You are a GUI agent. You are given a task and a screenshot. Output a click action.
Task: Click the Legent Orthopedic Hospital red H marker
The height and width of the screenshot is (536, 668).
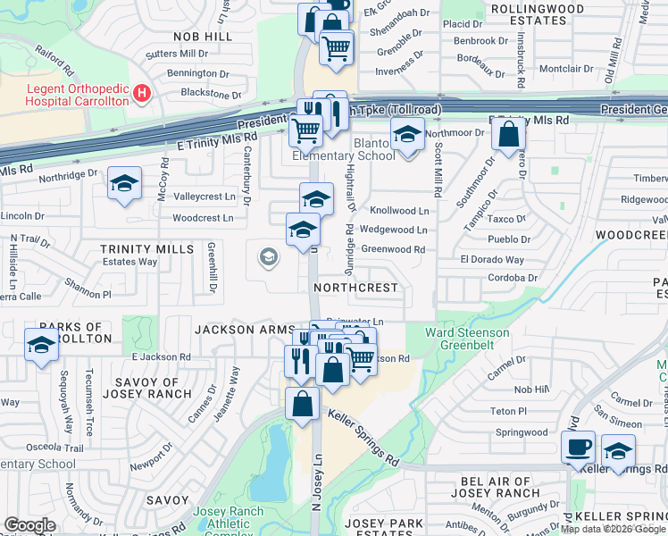(141, 93)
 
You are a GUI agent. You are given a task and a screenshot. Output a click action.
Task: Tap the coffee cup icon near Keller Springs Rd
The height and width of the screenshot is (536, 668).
(577, 446)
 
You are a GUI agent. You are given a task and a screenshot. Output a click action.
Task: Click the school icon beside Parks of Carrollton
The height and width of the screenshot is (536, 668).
(41, 344)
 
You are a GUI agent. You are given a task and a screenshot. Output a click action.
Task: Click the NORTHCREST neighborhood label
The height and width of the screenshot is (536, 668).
(355, 289)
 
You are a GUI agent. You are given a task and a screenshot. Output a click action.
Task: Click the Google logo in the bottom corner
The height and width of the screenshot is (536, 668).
(29, 525)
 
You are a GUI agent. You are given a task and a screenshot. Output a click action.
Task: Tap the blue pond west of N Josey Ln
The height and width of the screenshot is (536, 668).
(273, 465)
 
